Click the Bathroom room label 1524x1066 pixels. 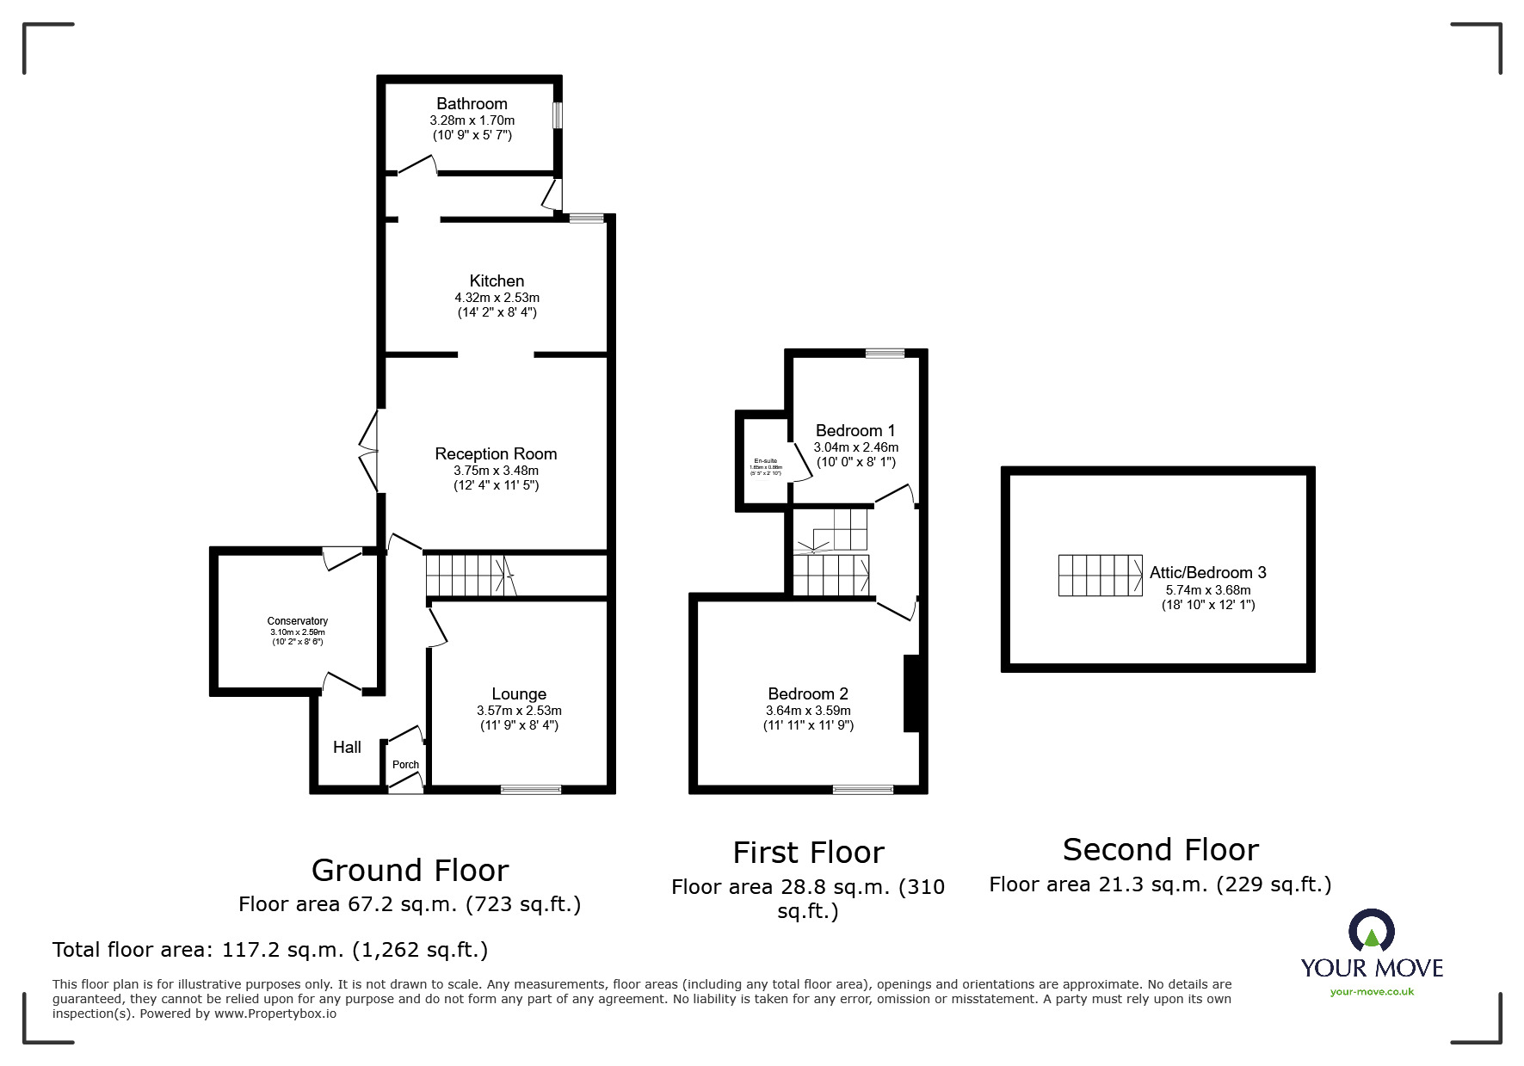coord(472,103)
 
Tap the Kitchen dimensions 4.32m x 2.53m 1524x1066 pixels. coord(497,298)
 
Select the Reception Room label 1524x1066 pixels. coord(496,453)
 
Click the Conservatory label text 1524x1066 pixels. coord(297,620)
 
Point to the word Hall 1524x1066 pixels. coord(347,747)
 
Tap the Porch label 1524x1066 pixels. coord(405,764)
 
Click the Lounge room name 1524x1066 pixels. coord(519,693)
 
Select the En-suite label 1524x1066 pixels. coord(765,461)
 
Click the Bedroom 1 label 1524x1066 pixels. coord(855,430)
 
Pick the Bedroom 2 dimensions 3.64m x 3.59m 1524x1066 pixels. coord(808,711)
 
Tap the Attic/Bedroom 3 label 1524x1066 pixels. coord(1207,572)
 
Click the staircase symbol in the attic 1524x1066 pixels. coord(1100,576)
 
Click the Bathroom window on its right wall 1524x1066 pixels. coord(558,115)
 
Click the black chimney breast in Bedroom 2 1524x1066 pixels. coord(911,693)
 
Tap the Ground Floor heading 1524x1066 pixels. coord(410,870)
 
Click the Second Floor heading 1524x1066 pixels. coord(1160,849)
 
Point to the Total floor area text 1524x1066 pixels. coord(270,950)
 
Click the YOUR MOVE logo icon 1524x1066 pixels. coord(1371,931)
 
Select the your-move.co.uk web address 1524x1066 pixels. coord(1372,992)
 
